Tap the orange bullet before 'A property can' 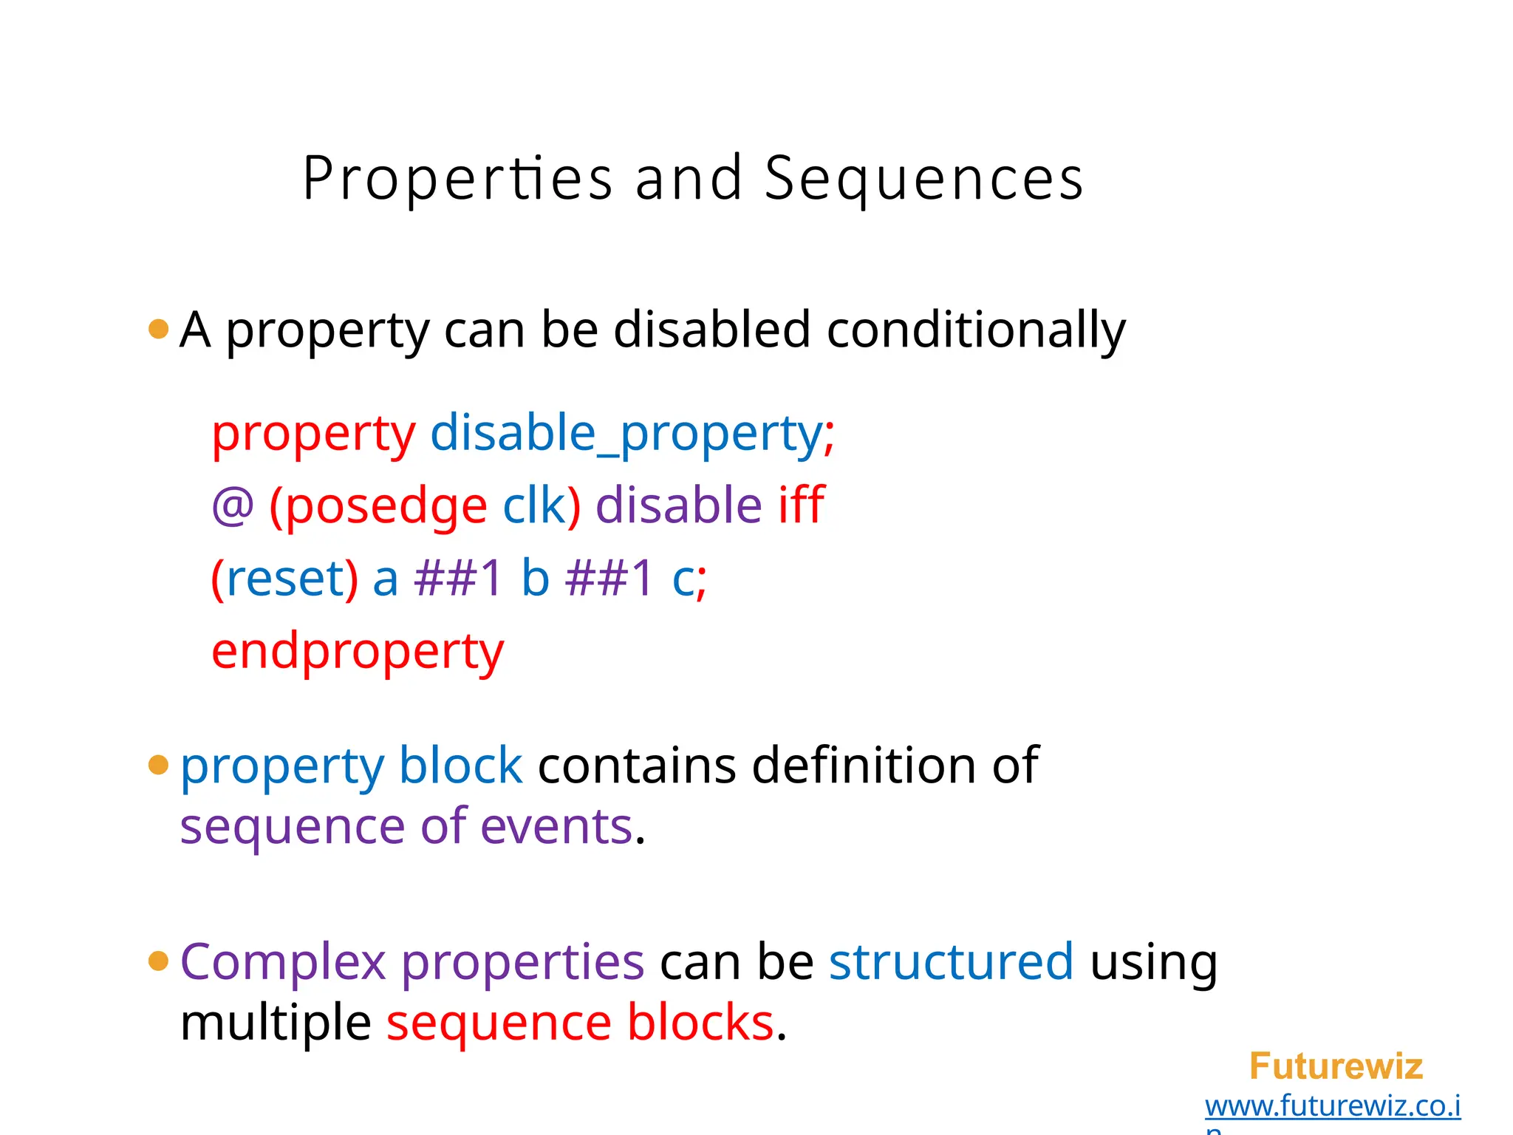point(158,329)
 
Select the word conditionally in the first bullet point(976,330)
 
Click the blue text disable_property point(626,433)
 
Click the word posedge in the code point(386,506)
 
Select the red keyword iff point(801,505)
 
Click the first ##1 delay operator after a point(458,577)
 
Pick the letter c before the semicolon point(683,579)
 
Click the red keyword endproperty point(358,652)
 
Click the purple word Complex point(283,962)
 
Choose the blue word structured point(951,962)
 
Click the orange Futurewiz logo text point(1336,1066)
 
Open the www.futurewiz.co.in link point(1332,1106)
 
